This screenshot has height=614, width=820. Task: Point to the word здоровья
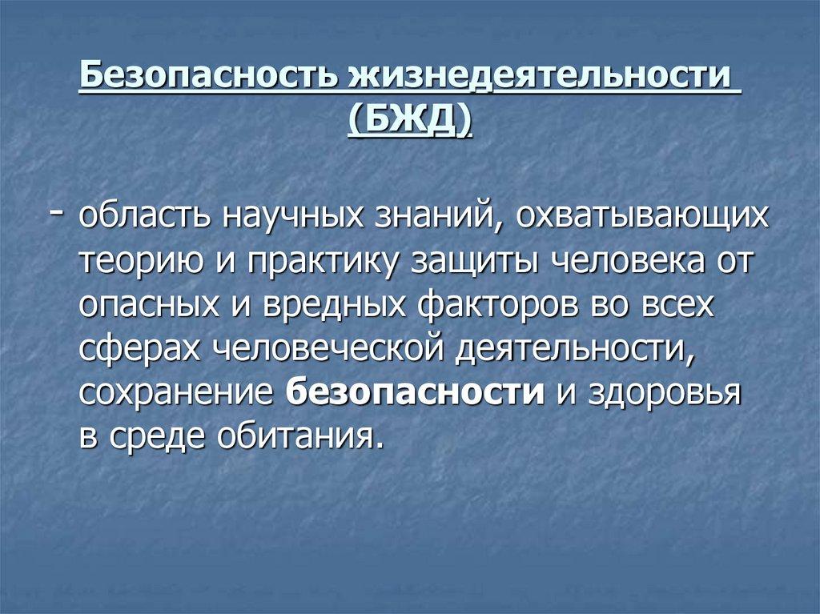point(663,395)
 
